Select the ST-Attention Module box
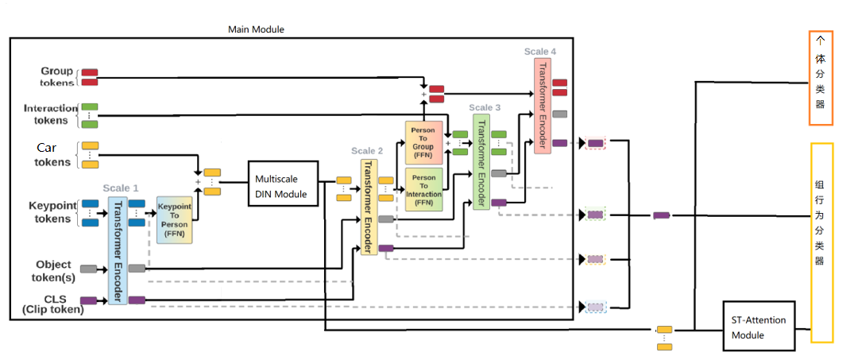click(x=758, y=327)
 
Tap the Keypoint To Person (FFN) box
click(x=174, y=219)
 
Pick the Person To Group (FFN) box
click(x=423, y=142)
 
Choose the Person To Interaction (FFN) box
click(x=423, y=189)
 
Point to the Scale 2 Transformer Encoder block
click(x=368, y=207)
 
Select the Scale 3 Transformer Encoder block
click(x=480, y=161)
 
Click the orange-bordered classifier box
click(x=821, y=78)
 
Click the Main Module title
click(x=256, y=29)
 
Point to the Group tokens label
click(x=57, y=76)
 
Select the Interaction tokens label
click(x=51, y=114)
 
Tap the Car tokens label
click(x=52, y=155)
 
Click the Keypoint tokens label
click(x=52, y=212)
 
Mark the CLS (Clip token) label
click(x=52, y=304)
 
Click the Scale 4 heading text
click(x=540, y=52)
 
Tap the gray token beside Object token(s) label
click(x=88, y=269)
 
